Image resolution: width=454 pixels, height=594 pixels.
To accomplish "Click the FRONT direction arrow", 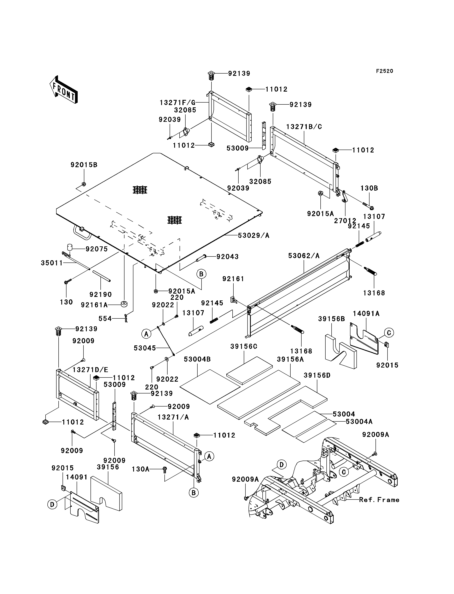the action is (64, 90).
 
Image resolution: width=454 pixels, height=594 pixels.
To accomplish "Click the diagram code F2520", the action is (385, 71).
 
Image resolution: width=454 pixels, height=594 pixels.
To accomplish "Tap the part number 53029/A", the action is (254, 236).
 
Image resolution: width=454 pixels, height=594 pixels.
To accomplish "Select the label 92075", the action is (97, 249).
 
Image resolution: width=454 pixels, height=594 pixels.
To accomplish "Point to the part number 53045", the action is (145, 348).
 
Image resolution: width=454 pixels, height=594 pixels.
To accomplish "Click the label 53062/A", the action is (304, 256).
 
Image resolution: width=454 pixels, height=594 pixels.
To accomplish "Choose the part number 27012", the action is (345, 221).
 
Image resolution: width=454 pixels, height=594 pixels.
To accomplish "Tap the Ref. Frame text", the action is (379, 500).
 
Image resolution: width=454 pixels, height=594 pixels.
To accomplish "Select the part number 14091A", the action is (366, 314).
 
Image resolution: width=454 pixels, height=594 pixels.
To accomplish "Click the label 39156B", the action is (331, 319).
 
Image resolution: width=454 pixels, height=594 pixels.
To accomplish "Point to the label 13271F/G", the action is (177, 103).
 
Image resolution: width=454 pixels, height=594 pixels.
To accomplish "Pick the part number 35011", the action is (52, 263).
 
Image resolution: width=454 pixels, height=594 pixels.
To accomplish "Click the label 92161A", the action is (94, 305).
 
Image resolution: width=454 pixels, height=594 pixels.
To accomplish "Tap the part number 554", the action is (105, 319).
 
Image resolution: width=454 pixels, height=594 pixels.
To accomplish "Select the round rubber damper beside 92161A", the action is (124, 304).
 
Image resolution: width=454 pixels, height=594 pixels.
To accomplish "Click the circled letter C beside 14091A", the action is (389, 333).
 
